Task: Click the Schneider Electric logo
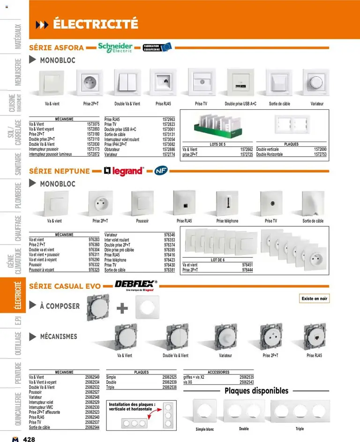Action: (x=115, y=47)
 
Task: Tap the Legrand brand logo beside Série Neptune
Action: (x=124, y=171)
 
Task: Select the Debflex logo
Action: (x=136, y=284)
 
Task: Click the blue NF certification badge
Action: (x=161, y=171)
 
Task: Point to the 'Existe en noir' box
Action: (x=314, y=299)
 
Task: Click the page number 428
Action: (x=29, y=439)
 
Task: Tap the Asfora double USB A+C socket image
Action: (x=240, y=83)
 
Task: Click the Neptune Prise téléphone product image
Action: (x=227, y=202)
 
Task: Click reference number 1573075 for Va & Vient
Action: (x=93, y=124)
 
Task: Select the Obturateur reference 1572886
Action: (x=168, y=150)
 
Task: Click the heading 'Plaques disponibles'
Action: (x=256, y=391)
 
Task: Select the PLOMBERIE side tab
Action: (x=18, y=197)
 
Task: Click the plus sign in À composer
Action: (x=122, y=307)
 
